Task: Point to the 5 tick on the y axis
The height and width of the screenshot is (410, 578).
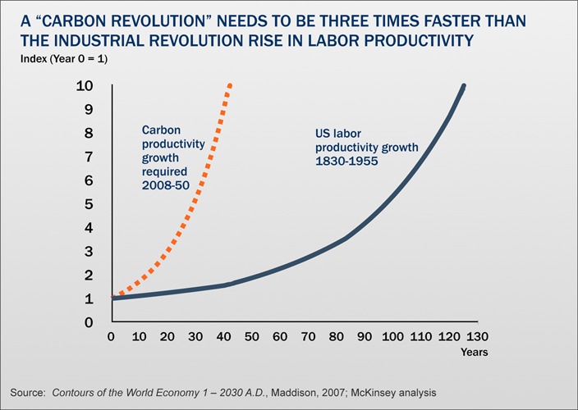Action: pyautogui.click(x=87, y=204)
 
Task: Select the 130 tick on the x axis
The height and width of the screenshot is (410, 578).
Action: pyautogui.click(x=477, y=337)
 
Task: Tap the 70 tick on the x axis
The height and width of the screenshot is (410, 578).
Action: pyautogui.click(x=308, y=337)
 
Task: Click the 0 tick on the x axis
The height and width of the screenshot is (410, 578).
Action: pyautogui.click(x=111, y=337)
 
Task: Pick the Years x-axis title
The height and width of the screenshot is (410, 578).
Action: pyautogui.click(x=474, y=353)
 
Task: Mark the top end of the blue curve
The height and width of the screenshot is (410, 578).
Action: pyautogui.click(x=464, y=86)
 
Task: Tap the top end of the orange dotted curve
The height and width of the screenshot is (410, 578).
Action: pyautogui.click(x=231, y=85)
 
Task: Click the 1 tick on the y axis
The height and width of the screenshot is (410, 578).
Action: pyautogui.click(x=87, y=298)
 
